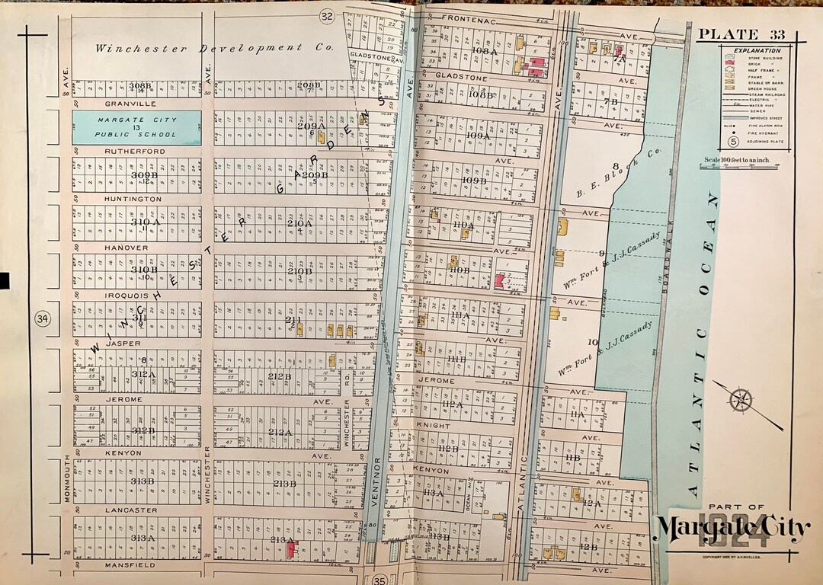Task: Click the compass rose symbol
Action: point(741,400)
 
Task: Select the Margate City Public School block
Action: point(137,127)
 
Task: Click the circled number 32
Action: point(327,17)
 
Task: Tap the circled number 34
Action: point(43,318)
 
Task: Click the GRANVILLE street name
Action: point(130,103)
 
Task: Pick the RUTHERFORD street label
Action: point(134,152)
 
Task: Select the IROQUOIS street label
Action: point(129,294)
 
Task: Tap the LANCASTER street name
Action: point(131,510)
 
